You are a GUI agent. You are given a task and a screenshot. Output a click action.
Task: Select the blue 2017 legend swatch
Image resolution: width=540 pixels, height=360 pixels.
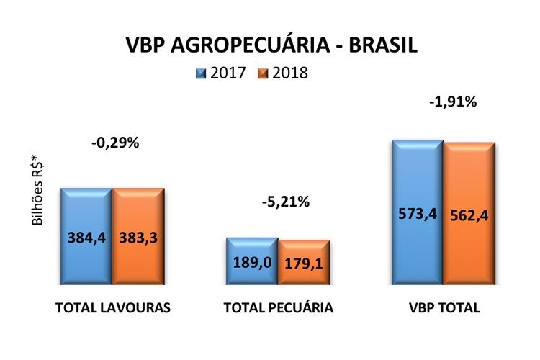click(201, 73)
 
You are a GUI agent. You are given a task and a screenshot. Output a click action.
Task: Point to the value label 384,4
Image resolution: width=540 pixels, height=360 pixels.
click(87, 238)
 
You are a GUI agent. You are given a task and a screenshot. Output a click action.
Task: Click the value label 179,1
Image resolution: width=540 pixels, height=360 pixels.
click(304, 264)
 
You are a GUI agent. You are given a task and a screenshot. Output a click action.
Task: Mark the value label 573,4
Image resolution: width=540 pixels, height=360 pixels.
click(417, 214)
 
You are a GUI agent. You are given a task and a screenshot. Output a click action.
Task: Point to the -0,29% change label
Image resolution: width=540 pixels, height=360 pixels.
click(115, 143)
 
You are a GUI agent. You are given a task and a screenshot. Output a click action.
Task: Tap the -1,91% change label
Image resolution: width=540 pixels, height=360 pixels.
click(453, 102)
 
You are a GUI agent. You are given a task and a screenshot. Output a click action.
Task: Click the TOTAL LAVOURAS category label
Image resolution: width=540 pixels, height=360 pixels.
click(113, 308)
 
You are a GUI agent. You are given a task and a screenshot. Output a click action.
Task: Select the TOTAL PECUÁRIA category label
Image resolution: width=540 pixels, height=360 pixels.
click(279, 308)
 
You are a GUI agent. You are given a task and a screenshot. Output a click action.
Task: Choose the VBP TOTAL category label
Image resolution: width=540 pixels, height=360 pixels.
click(443, 308)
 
